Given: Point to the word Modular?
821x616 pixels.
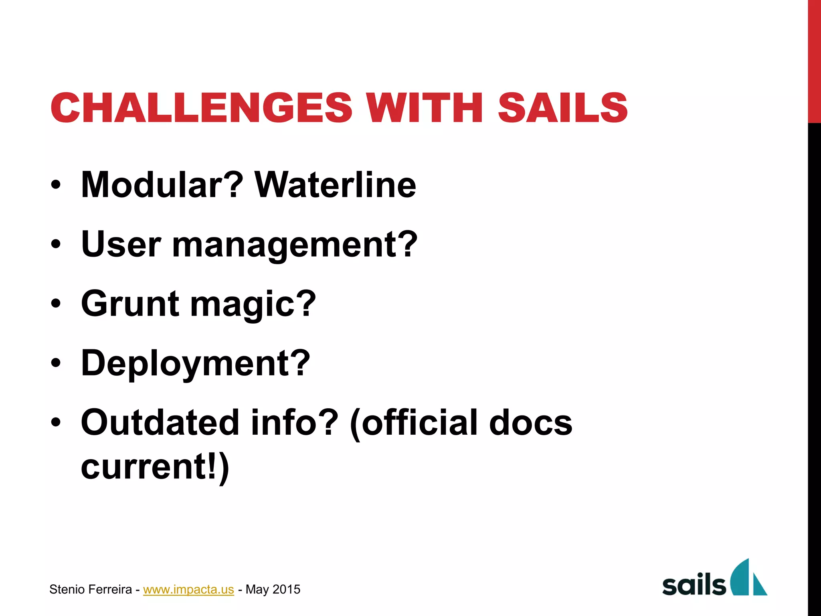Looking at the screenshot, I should tap(162, 185).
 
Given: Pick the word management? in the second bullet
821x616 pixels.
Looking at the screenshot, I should tap(295, 245).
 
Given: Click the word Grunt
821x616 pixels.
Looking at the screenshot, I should tap(130, 304).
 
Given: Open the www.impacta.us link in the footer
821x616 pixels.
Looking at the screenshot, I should tap(188, 590).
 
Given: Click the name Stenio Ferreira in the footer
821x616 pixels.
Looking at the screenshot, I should tap(91, 590).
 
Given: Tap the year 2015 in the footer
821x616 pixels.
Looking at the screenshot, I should tap(286, 590).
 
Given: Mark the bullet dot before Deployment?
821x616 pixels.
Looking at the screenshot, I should tap(56, 363).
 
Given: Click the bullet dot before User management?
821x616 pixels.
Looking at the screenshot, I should tap(56, 244).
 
